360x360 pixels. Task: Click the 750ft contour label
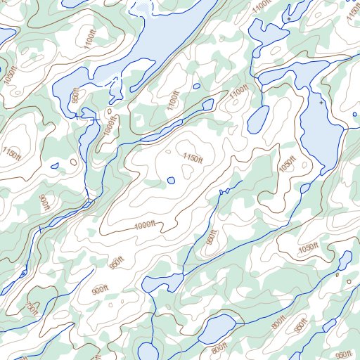point(31,307)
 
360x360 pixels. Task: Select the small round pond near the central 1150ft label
point(171,181)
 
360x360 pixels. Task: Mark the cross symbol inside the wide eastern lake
point(321,103)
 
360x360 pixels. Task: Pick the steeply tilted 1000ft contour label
point(108,124)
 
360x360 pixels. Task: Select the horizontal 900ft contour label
point(101,289)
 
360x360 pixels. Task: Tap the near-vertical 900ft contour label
point(44,202)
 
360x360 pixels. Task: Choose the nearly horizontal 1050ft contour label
point(308,247)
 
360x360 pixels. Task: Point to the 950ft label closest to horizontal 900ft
point(115,262)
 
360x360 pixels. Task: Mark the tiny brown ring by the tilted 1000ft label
point(110,111)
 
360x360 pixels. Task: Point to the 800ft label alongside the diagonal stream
point(279,322)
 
